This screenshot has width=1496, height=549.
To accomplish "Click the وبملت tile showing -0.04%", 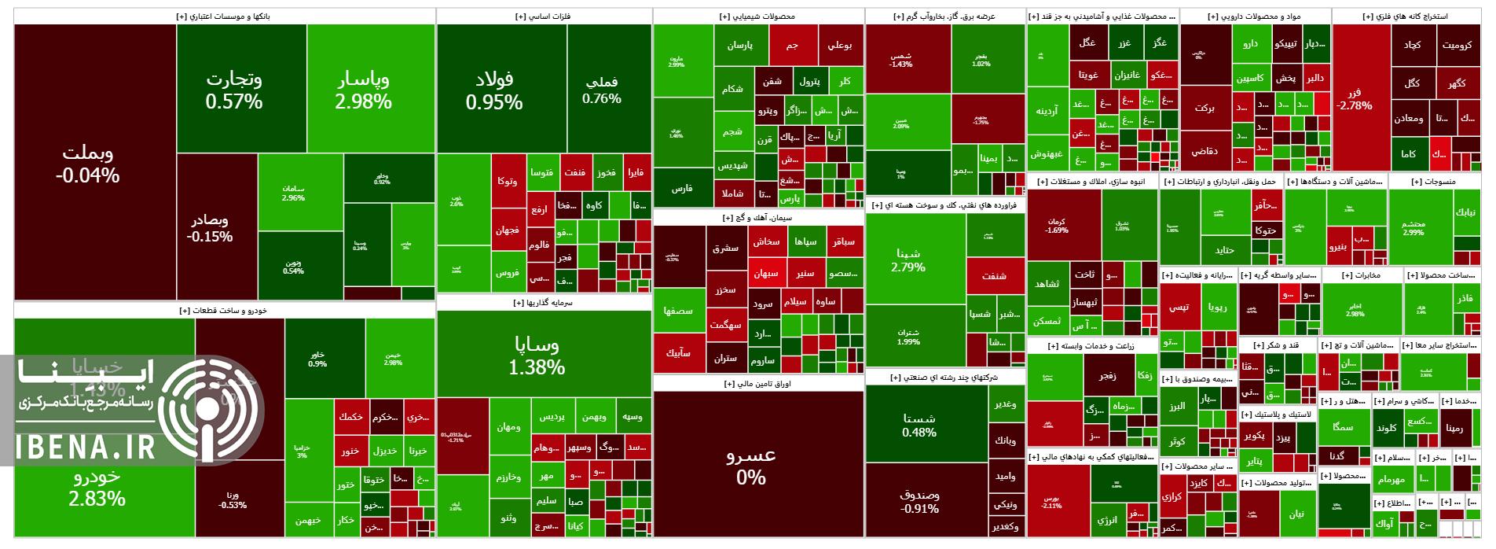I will (x=87, y=164).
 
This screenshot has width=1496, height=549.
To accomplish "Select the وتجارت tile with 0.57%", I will (x=234, y=89).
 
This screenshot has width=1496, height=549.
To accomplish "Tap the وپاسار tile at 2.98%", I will (x=363, y=89).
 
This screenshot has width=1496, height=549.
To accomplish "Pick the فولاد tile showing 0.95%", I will (x=493, y=89).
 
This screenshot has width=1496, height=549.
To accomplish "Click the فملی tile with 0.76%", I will (x=602, y=90).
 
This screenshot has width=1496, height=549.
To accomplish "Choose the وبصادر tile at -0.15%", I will (x=210, y=227).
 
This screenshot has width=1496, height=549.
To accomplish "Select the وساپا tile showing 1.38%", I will (x=537, y=355).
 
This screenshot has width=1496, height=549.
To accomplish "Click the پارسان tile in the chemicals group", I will (x=739, y=45).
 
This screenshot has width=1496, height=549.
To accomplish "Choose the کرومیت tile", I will (x=1457, y=45).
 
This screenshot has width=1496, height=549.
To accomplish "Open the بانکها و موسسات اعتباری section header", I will (x=224, y=16).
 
